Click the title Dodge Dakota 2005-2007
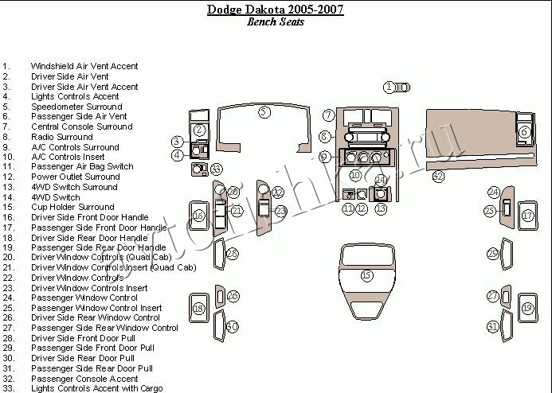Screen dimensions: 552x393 click(276, 10)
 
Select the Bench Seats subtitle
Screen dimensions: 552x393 click(276, 21)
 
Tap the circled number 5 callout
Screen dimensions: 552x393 click(264, 112)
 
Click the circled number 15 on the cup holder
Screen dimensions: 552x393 click(366, 275)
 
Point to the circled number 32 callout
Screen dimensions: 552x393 click(438, 176)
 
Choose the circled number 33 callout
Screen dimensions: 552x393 click(216, 169)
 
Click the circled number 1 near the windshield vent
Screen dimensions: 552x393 click(389, 88)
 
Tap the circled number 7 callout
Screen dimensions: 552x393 click(328, 115)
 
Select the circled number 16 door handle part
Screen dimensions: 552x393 click(199, 216)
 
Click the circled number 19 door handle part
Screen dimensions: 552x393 click(527, 309)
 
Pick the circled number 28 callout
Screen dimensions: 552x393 click(232, 254)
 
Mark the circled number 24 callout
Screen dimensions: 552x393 click(494, 193)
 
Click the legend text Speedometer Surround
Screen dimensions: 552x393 click(76, 107)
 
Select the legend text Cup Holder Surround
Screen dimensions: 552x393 click(72, 207)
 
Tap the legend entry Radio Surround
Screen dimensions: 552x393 click(62, 137)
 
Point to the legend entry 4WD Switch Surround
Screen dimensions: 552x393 click(74, 187)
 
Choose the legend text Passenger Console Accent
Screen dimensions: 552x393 click(84, 379)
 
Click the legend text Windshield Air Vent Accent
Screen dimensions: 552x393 click(84, 66)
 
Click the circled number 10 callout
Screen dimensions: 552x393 click(355, 175)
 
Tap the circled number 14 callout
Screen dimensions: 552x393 click(381, 180)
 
